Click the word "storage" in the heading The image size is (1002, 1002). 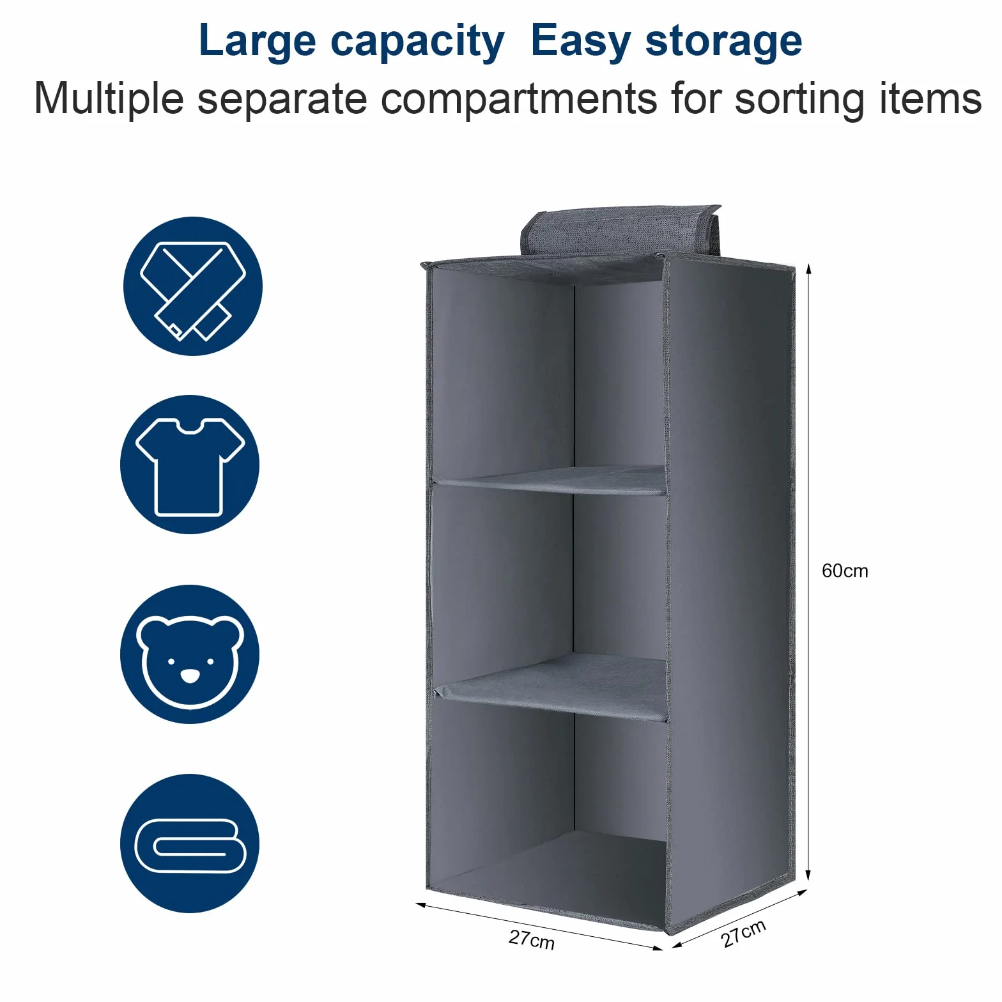[x=723, y=43]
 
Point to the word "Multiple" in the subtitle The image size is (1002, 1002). [x=109, y=99]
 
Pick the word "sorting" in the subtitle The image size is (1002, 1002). [x=801, y=100]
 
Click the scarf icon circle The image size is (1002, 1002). [x=193, y=286]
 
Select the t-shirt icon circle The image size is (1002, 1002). [x=190, y=465]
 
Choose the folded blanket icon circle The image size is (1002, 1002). [x=190, y=844]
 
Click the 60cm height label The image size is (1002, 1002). [x=845, y=571]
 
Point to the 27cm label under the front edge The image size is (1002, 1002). [x=532, y=940]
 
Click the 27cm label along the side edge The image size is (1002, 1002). [x=743, y=934]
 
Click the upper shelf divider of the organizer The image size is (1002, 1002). [x=550, y=481]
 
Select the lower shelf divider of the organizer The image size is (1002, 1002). [x=550, y=688]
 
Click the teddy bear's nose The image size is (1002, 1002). [x=190, y=675]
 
